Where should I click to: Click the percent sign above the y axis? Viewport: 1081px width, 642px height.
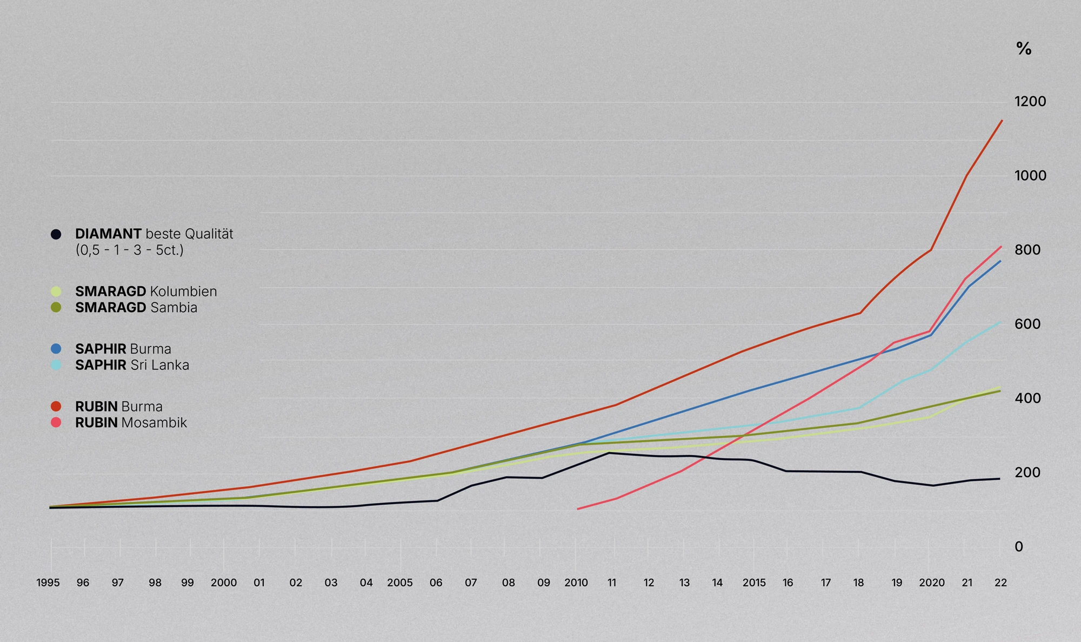(x=1024, y=49)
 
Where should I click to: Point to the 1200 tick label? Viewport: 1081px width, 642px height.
(x=1030, y=102)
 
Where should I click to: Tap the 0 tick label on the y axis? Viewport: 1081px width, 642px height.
(x=1019, y=547)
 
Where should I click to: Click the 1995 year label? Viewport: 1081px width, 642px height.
(x=48, y=583)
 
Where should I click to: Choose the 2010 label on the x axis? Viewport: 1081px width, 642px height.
(x=576, y=583)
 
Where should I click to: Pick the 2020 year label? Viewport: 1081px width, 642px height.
(x=932, y=583)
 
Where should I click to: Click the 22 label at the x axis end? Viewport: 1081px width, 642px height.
(x=1000, y=583)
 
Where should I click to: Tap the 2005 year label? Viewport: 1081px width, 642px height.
(x=400, y=583)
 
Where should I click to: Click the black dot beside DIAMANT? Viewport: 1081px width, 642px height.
(x=56, y=234)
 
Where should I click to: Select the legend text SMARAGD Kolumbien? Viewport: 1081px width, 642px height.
(x=146, y=292)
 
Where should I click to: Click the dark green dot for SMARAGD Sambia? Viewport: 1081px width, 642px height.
(x=56, y=308)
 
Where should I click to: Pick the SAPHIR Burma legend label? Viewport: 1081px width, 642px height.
(x=123, y=349)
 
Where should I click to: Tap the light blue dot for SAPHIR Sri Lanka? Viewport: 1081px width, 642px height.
(x=56, y=365)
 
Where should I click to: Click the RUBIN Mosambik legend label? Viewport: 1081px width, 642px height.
(x=131, y=422)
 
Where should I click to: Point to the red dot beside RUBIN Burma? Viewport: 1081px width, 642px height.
(x=56, y=406)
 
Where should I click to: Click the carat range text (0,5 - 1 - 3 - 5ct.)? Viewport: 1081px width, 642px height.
(x=130, y=250)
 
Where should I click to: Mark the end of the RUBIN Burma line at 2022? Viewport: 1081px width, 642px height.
(x=1002, y=121)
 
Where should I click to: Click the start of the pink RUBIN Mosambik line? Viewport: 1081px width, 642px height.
(x=578, y=509)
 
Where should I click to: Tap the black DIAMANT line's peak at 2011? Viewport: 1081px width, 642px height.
(x=609, y=453)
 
